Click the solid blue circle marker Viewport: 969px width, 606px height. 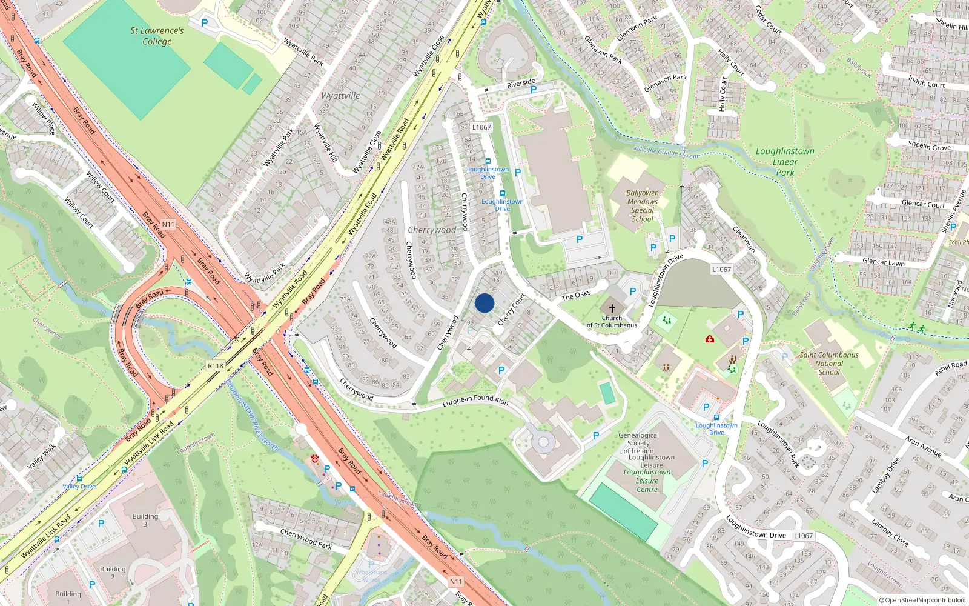pos(484,303)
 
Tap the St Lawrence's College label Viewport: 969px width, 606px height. pos(157,36)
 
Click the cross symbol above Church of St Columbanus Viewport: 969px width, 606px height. pos(612,308)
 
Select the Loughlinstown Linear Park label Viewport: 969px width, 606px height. pos(785,162)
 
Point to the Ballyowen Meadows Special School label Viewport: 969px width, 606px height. pos(643,206)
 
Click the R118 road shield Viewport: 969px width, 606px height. pos(216,366)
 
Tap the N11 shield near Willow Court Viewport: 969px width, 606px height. pos(168,224)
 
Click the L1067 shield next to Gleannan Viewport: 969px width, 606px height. pos(721,270)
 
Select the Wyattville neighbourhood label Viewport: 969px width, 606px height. pos(340,96)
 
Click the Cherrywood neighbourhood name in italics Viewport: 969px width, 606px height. pos(432,230)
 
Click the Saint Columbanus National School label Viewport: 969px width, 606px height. pos(829,364)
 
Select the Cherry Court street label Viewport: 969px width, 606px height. pos(511,310)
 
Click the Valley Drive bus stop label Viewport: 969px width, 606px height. pos(79,487)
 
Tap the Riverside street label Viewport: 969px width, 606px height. pos(521,83)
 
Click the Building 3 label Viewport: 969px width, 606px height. pos(145,520)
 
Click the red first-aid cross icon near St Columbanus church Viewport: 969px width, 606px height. pos(710,339)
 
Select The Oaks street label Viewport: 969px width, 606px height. pos(575,295)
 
